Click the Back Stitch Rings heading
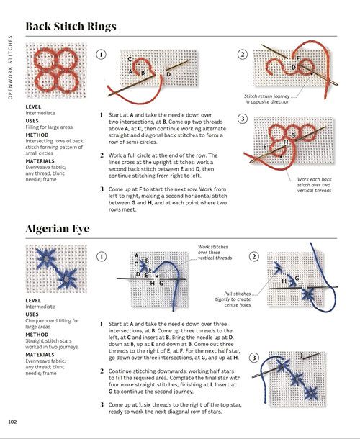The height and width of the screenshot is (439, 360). coord(71,26)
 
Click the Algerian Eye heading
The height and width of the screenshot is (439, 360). coord(58,228)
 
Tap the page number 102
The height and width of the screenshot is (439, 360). coord(12,422)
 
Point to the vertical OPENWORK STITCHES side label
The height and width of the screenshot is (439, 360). coord(10,67)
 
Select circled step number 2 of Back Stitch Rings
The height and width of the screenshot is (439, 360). coord(243,54)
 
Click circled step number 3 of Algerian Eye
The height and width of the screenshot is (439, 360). coord(254,358)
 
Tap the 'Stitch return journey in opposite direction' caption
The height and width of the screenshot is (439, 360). coord(267,99)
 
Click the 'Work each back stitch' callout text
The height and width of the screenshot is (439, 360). coord(314,185)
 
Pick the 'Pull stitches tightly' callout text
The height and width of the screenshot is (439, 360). coord(233,299)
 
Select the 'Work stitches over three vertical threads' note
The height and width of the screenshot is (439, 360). coord(215,253)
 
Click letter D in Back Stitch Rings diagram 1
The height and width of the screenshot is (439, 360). coord(168,74)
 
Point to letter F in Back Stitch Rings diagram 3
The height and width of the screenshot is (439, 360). coord(265,146)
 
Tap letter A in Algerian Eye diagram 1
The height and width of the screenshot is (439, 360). coord(136,255)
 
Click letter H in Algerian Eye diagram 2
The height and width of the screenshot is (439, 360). coord(284,281)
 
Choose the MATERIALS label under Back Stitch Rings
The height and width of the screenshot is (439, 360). coord(40,161)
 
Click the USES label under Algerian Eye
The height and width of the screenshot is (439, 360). coord(32,314)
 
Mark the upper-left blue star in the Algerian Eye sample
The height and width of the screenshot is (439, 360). coord(47,258)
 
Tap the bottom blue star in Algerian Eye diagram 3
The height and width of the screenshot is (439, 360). coord(311,393)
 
